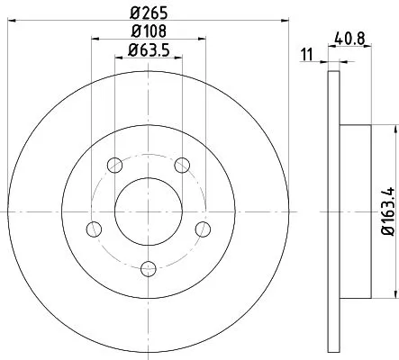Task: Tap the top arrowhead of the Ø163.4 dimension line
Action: coord(394,129)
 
